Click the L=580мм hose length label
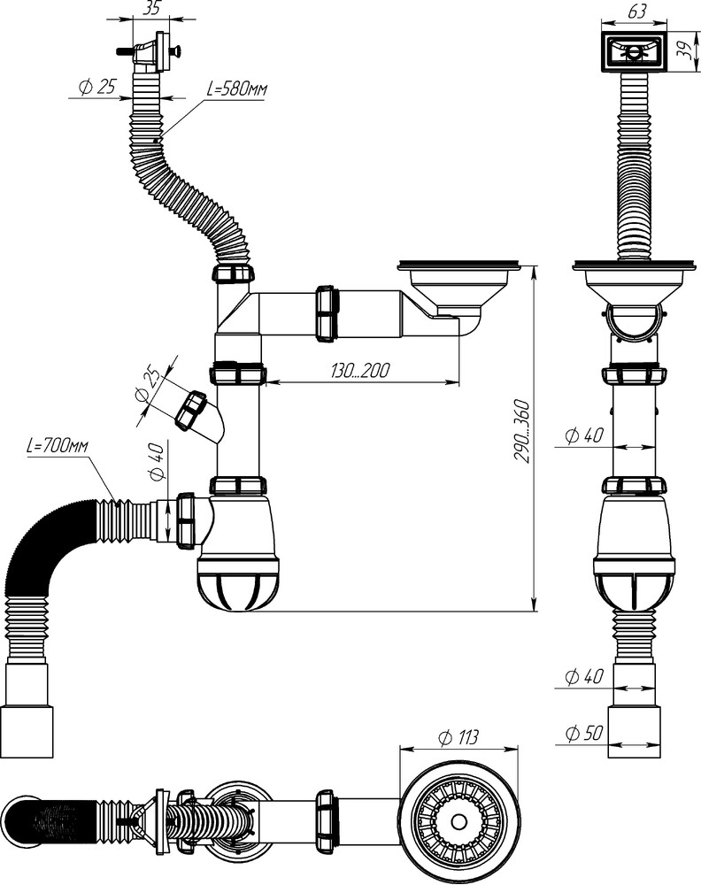pyautogui.click(x=236, y=89)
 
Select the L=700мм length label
pyautogui.click(x=57, y=446)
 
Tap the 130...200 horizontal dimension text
pyautogui.click(x=360, y=371)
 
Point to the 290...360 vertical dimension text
pyautogui.click(x=522, y=432)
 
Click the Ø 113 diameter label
pyautogui.click(x=458, y=737)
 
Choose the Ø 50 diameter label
pyautogui.click(x=583, y=733)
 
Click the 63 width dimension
pyautogui.click(x=636, y=11)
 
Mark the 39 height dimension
pyautogui.click(x=686, y=51)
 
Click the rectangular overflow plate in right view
pyautogui.click(x=635, y=52)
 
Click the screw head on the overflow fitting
pyautogui.click(x=177, y=52)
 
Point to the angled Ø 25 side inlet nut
pyautogui.click(x=190, y=411)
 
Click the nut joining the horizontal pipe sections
pyautogui.click(x=327, y=314)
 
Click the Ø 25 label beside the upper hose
pyautogui.click(x=97, y=87)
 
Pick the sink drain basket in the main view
pyautogui.click(x=463, y=288)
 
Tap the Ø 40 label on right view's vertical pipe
pyautogui.click(x=583, y=435)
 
